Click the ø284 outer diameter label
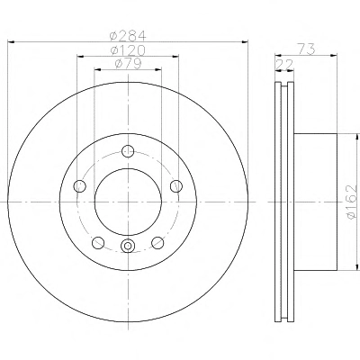(x=128, y=36)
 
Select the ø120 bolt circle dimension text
(x=128, y=50)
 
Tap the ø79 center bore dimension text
(x=128, y=64)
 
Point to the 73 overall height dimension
(x=306, y=49)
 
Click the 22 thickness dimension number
(x=284, y=64)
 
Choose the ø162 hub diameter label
(x=351, y=202)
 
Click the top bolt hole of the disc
(x=128, y=151)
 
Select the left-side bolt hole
(x=80, y=186)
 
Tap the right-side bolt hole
(x=176, y=186)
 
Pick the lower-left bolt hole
(x=98, y=242)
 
